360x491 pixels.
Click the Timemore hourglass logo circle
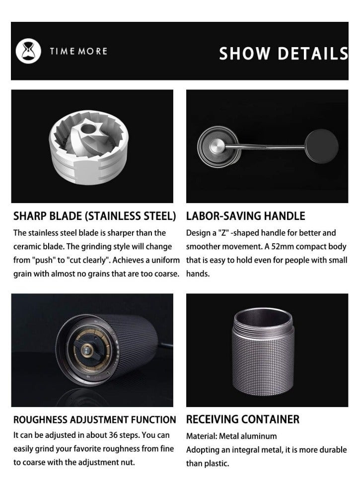28,51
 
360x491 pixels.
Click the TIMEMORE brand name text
78,51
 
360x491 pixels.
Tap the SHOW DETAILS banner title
283,53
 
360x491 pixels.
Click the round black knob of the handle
321,146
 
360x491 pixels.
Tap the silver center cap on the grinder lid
217,146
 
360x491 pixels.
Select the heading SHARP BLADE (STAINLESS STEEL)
94,216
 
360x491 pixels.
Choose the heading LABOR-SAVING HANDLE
245,216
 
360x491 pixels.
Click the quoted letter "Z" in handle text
218,232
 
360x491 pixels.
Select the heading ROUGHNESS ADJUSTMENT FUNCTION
94,420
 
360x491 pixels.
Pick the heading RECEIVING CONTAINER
242,420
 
